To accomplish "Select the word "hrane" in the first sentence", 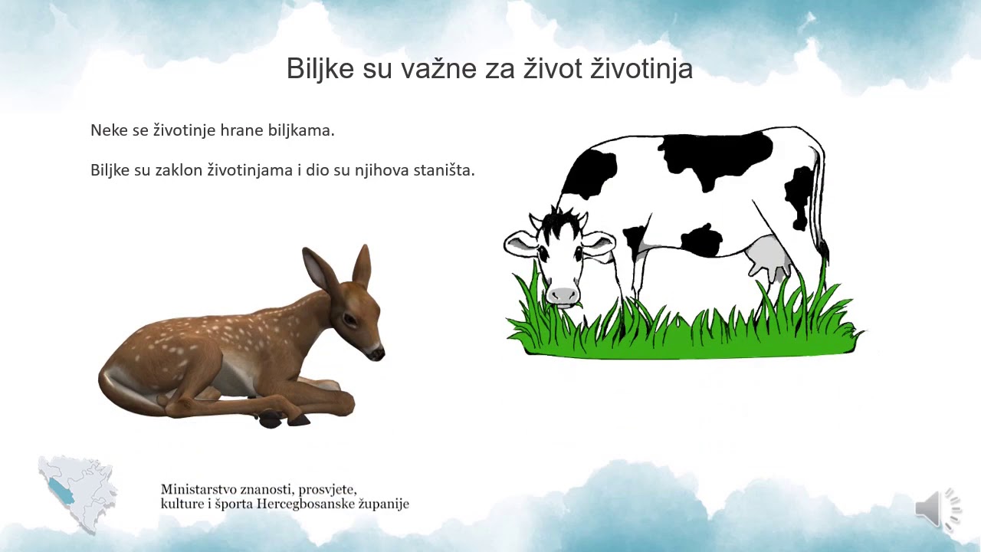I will click(x=241, y=130).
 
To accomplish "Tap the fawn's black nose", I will click(x=378, y=353).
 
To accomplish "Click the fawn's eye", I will click(x=349, y=317).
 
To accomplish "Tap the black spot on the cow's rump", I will click(x=799, y=195).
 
